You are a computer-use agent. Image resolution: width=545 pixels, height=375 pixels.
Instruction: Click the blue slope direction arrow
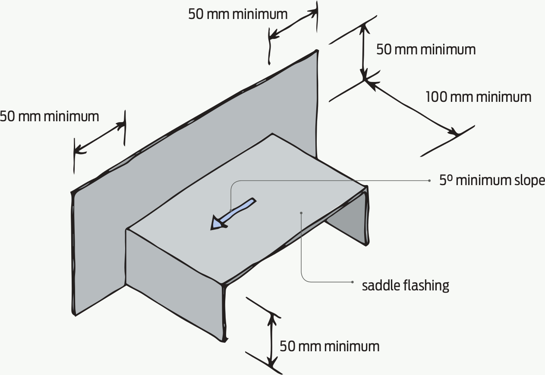233,213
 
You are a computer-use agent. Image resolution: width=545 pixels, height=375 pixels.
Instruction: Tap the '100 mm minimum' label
478,97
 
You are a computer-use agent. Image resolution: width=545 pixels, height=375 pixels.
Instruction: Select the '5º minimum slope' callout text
492,180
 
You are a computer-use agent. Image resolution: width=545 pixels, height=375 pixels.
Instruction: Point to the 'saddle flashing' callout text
405,285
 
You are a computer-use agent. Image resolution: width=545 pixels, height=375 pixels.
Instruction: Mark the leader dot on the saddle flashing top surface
301,212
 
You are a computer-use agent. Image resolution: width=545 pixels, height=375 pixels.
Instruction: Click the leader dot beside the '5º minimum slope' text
429,180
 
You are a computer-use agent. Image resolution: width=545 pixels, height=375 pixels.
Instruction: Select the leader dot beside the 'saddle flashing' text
353,283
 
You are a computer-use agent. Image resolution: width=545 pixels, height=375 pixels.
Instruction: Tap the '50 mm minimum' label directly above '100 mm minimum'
426,50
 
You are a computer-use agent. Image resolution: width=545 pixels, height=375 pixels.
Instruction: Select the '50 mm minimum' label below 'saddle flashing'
329,346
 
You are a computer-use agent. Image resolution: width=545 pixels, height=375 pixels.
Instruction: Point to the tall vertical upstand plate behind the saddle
194,142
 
